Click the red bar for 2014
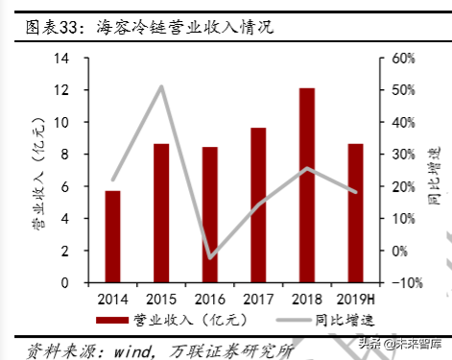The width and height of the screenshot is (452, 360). point(112,224)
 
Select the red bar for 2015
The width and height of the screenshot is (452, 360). point(161,200)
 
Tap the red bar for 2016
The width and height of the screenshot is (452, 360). point(209,202)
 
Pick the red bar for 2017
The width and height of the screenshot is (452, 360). point(258,192)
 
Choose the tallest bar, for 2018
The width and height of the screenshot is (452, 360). point(306,172)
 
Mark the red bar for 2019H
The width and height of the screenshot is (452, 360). point(354,200)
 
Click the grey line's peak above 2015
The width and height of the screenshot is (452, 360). point(161,86)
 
